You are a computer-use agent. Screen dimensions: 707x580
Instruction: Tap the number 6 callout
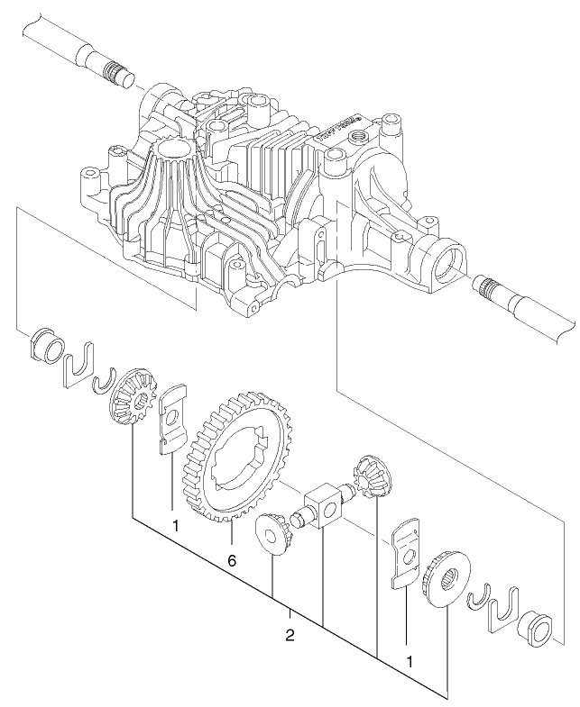click(232, 560)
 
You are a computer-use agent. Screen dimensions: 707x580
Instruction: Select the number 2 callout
click(290, 635)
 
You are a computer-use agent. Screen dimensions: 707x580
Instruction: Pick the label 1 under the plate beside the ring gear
click(176, 524)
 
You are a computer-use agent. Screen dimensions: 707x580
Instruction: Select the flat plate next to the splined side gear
click(408, 553)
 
